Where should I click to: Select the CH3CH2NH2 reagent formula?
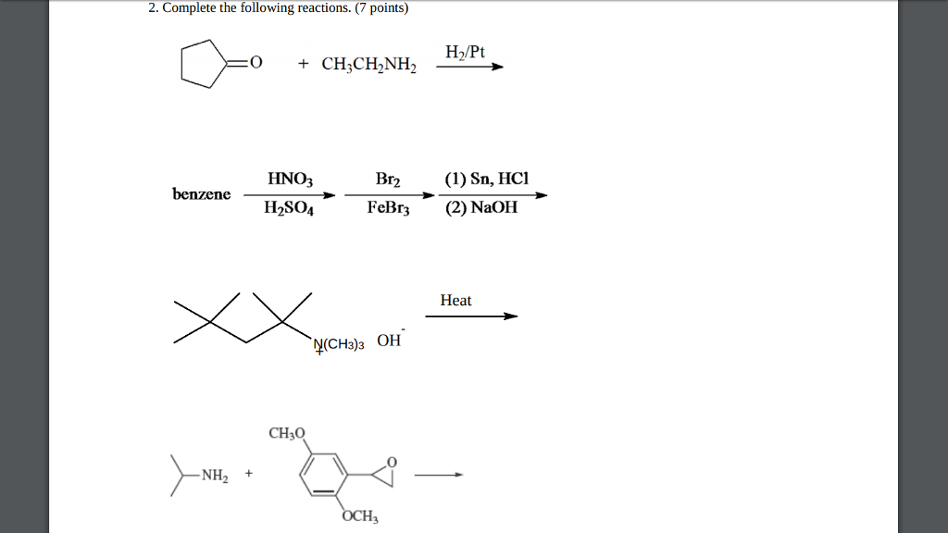coord(369,65)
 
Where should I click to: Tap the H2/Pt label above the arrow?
coord(465,52)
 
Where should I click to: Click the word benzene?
coord(201,194)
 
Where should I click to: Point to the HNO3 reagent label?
coord(290,180)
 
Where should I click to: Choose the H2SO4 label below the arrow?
coord(289,209)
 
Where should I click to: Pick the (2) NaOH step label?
coord(480,209)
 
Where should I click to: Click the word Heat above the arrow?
coord(455,301)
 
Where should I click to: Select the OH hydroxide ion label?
coord(390,340)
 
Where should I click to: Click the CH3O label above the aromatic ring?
coord(286,433)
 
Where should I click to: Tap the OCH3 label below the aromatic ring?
coord(359,517)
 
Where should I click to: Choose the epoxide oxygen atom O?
coord(391,461)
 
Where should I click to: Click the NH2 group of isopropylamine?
coord(214,477)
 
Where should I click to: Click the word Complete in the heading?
coord(191,9)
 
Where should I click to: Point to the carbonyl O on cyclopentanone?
coord(256,63)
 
